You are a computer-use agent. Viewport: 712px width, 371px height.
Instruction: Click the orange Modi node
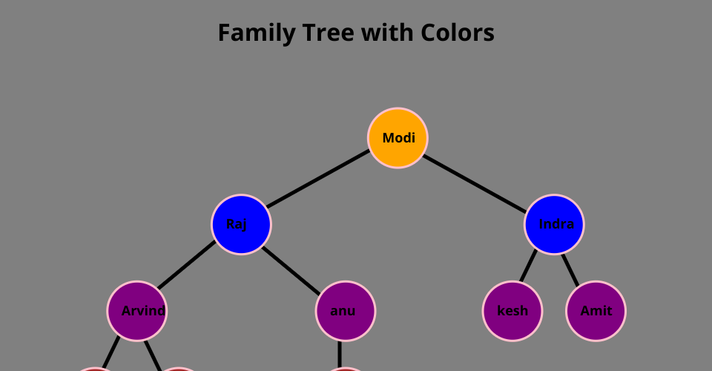click(x=398, y=138)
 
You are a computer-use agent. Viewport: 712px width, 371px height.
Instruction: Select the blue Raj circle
click(x=241, y=224)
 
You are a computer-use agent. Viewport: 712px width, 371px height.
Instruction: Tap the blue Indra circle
click(x=554, y=224)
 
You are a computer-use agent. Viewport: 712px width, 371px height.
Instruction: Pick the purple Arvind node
click(x=137, y=311)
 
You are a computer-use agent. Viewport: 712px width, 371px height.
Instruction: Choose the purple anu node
click(x=346, y=311)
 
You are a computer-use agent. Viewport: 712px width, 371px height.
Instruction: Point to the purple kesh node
click(x=512, y=311)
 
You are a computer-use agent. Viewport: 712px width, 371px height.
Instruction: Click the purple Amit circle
click(x=596, y=311)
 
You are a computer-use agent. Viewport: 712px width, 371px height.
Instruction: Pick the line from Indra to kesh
click(x=529, y=266)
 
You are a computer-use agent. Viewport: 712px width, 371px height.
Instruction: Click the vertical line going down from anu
click(x=340, y=354)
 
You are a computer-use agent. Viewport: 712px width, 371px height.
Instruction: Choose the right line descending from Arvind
click(x=153, y=355)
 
